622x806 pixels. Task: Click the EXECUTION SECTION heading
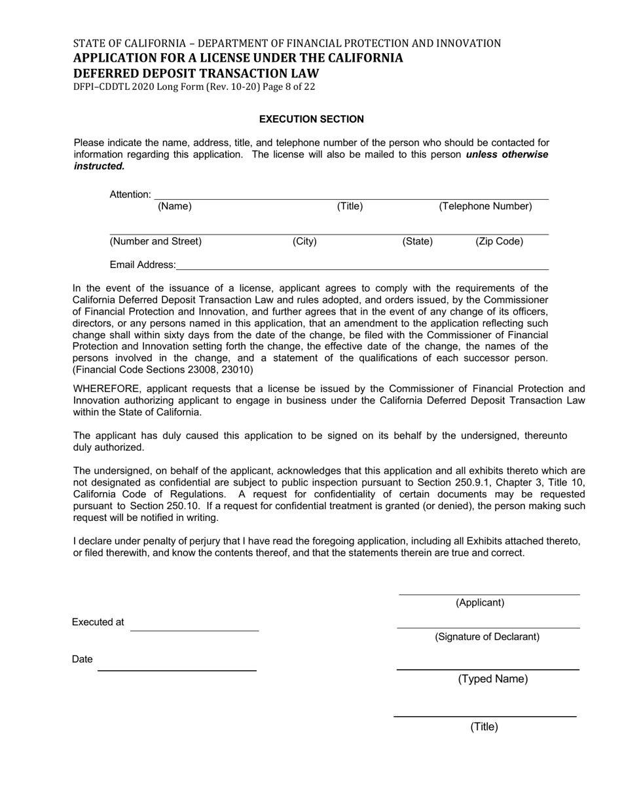(x=311, y=119)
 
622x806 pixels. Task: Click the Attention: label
(x=130, y=195)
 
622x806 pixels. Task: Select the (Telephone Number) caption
(x=485, y=206)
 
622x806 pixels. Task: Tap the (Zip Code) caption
(x=499, y=241)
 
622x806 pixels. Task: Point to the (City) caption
(x=304, y=241)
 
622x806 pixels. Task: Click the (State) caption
(x=417, y=241)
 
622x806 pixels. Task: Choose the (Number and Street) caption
(x=156, y=241)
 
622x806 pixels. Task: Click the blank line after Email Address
(x=362, y=266)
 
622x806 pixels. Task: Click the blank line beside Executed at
(x=194, y=627)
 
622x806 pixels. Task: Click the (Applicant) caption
(x=480, y=603)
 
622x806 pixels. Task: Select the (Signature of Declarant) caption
(x=487, y=637)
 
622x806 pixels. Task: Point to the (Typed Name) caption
(x=492, y=679)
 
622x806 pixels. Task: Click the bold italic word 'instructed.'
(x=99, y=166)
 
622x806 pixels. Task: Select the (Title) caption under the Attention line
(x=350, y=206)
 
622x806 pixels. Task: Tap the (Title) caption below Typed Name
(x=484, y=727)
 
